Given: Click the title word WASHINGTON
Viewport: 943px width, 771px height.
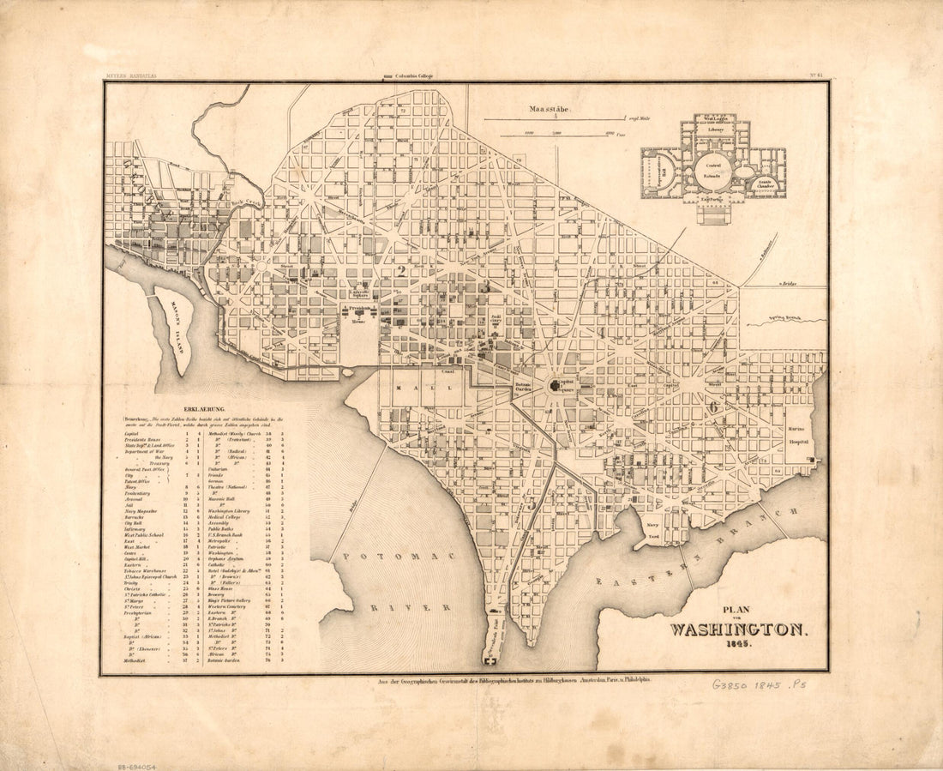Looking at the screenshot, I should pos(738,629).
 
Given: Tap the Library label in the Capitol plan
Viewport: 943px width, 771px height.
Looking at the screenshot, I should pos(715,130).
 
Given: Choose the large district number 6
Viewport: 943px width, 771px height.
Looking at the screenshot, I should pos(712,407).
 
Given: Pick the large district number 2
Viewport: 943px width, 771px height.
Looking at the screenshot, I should pos(400,273).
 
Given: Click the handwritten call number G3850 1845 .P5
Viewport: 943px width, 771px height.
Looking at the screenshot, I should pos(759,685).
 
